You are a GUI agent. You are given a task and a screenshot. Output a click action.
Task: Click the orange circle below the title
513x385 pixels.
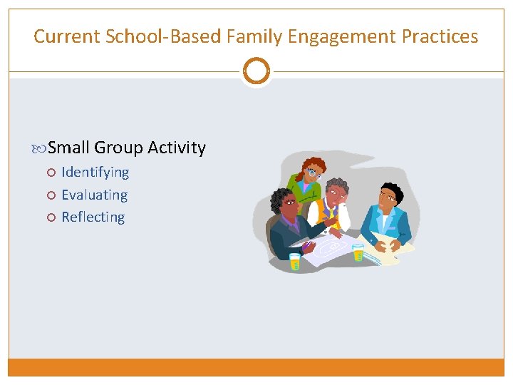click(256, 71)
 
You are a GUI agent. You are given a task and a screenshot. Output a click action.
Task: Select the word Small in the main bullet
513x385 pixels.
click(68, 148)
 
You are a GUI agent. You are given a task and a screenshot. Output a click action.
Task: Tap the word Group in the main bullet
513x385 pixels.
click(118, 148)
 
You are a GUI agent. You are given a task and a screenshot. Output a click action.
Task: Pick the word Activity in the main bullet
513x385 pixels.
click(177, 148)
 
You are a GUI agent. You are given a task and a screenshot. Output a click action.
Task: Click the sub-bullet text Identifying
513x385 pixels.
click(95, 172)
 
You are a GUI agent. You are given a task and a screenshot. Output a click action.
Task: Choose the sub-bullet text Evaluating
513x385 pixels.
click(94, 195)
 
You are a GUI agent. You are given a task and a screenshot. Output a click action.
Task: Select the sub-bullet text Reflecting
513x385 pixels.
click(93, 217)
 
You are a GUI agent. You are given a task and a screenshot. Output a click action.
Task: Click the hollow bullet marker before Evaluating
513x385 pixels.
click(51, 195)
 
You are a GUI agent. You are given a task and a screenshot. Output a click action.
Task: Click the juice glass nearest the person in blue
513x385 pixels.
click(358, 252)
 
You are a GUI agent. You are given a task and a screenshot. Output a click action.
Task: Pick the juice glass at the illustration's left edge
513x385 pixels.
click(295, 260)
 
